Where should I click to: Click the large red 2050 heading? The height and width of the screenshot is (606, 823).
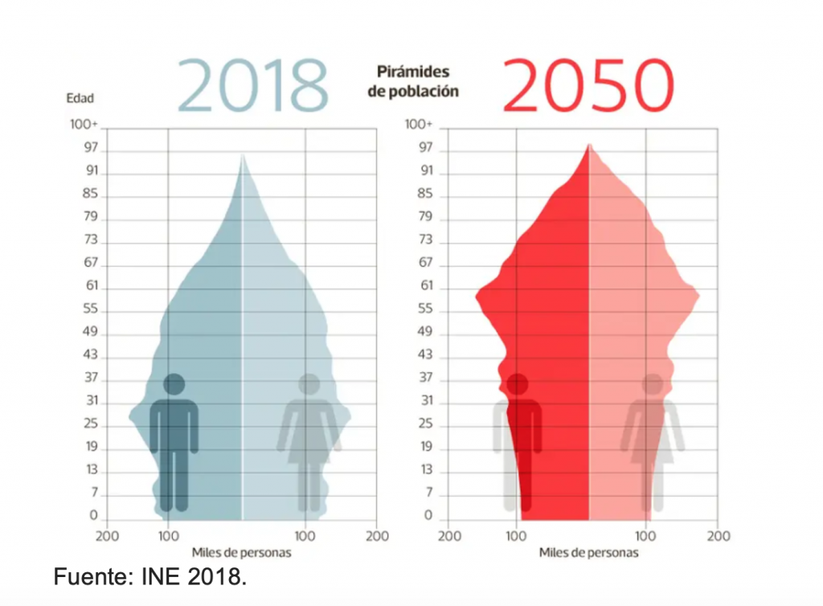(588, 84)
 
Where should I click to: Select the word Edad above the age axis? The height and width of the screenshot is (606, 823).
(80, 99)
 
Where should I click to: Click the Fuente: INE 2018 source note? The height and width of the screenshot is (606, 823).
(150, 576)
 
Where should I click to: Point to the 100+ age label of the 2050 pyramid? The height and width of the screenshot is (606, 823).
(419, 125)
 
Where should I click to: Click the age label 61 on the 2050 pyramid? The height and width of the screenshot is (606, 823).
(427, 286)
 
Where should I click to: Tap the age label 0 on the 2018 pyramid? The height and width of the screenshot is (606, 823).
(94, 516)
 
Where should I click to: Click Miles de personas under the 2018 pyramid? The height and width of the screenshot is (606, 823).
(241, 553)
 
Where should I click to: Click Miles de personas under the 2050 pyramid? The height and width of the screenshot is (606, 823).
(589, 553)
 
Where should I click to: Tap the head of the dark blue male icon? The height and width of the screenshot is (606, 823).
(174, 385)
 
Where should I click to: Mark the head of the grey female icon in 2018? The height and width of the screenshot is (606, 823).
(309, 385)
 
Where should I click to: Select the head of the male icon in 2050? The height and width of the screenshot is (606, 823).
(517, 385)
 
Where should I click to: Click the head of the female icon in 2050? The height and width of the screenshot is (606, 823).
(653, 385)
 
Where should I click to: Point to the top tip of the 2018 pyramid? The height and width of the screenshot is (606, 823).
(242, 154)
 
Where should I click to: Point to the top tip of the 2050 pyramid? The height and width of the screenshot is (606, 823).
(589, 144)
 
